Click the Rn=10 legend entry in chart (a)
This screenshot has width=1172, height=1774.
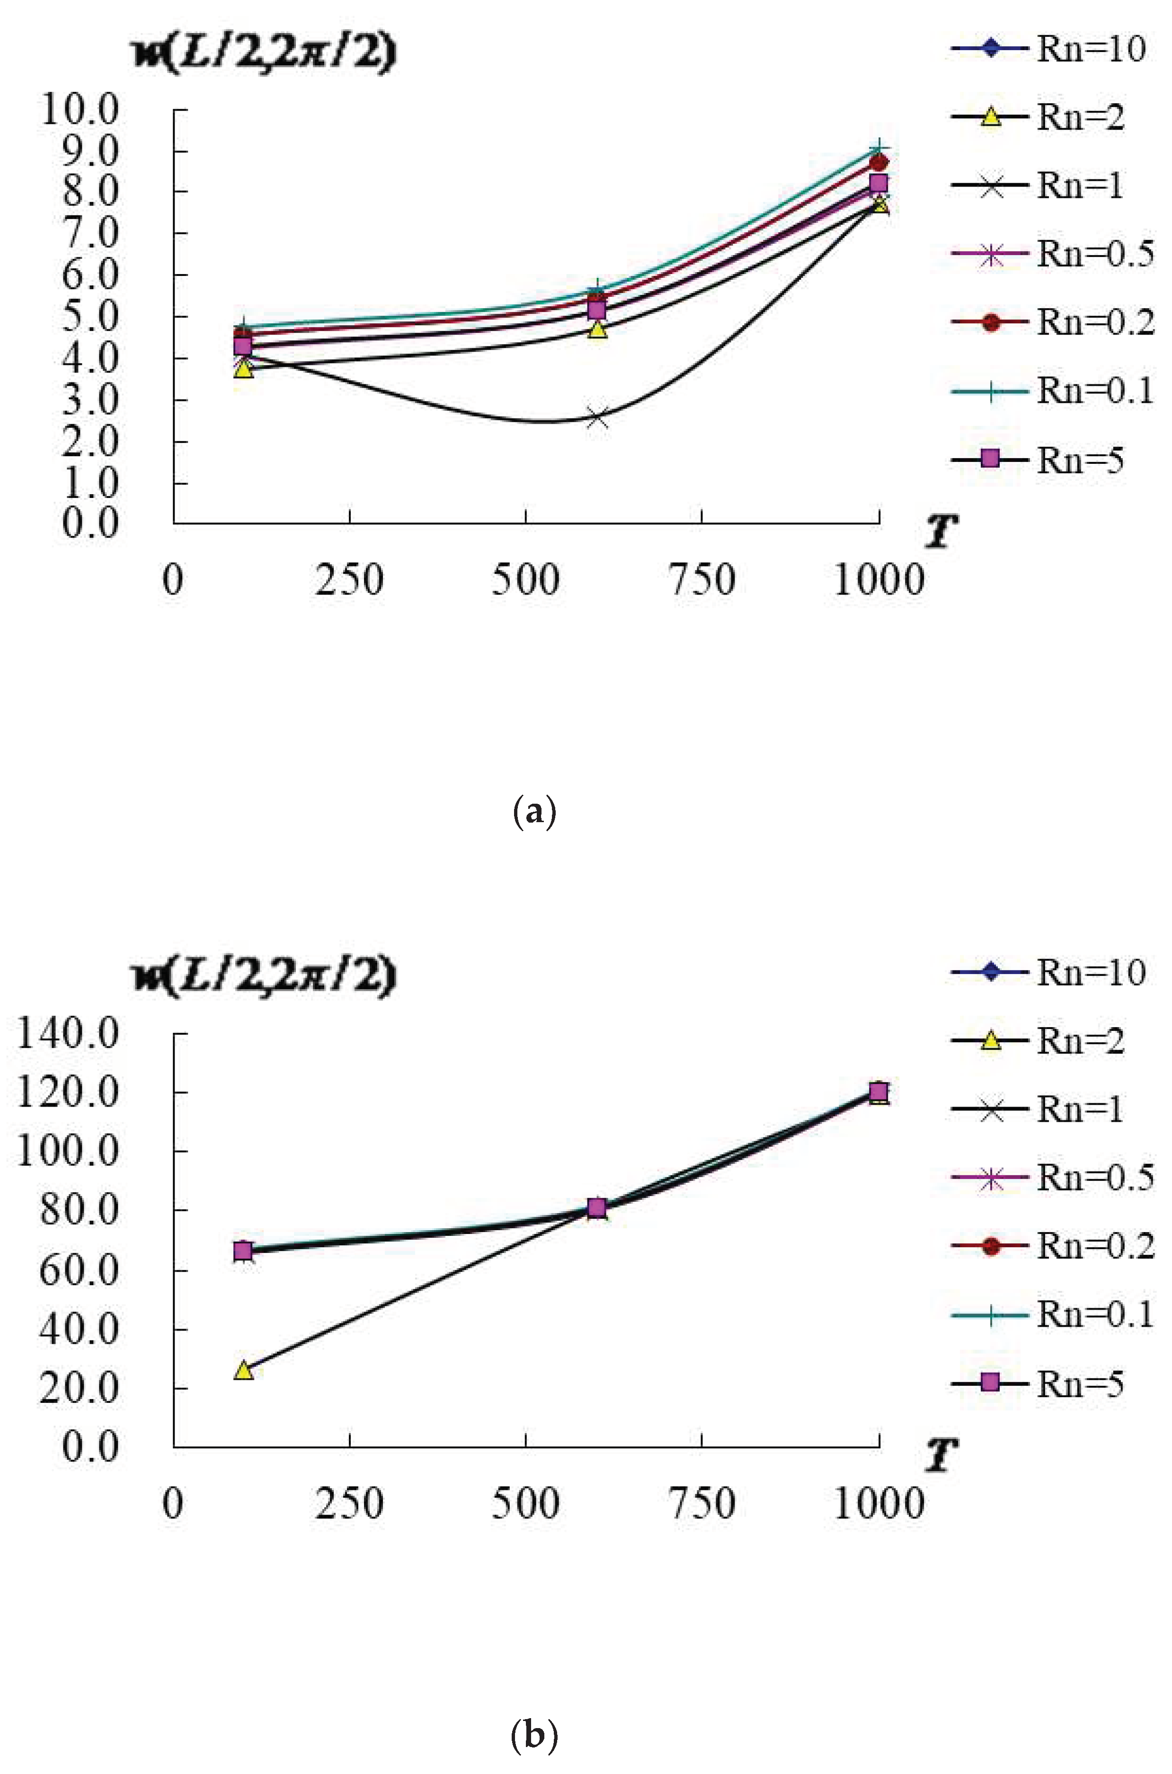pos(1050,49)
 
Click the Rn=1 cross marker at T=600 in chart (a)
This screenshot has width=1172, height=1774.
pos(596,418)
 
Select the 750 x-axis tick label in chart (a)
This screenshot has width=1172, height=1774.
pos(702,580)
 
